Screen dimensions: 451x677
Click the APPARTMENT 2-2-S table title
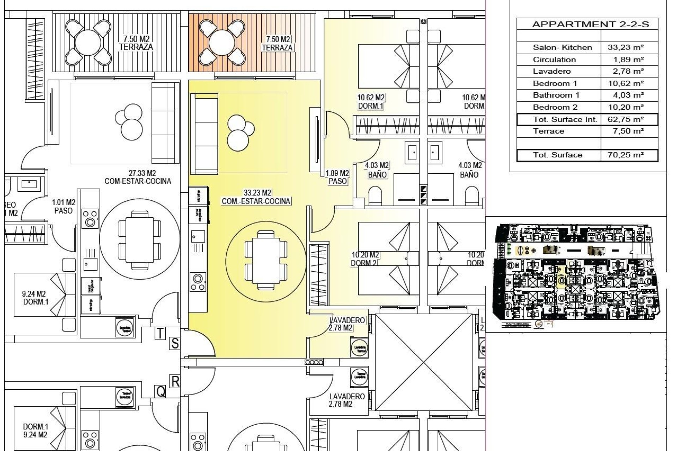[x=590, y=24]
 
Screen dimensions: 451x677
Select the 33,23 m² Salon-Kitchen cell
[x=626, y=47]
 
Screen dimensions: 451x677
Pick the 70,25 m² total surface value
[x=626, y=155]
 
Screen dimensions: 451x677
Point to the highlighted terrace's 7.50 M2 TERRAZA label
[x=277, y=43]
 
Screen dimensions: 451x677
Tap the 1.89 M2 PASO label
[x=337, y=177]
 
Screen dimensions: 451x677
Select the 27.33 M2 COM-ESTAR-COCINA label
[x=138, y=177]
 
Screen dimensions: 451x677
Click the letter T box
[x=160, y=333]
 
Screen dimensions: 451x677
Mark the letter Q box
[x=160, y=391]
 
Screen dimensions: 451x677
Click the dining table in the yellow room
[x=266, y=261]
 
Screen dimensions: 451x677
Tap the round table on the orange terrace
[x=221, y=43]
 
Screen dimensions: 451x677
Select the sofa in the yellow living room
[x=204, y=134]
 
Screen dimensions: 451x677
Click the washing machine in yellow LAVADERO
[x=359, y=348]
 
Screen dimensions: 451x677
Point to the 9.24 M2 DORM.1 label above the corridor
[x=35, y=298]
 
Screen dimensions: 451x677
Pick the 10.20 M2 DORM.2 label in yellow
[x=365, y=259]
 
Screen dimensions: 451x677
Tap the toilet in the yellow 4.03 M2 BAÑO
[x=375, y=196]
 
